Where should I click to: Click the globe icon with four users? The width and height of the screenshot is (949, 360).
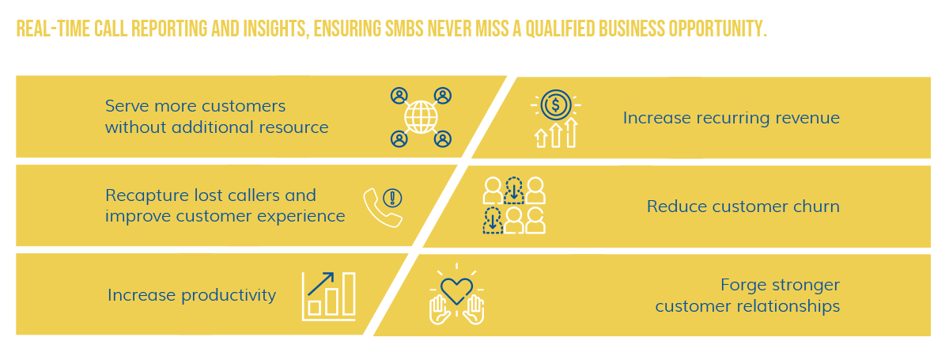421,118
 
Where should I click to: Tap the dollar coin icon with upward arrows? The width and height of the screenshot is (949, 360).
556,118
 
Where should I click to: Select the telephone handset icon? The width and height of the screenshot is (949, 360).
377,209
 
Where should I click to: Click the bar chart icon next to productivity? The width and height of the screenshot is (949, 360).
329,296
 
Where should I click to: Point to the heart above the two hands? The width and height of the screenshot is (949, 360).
456,290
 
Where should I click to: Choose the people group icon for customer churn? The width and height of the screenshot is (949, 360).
514,206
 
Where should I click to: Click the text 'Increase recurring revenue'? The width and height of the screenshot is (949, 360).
731,118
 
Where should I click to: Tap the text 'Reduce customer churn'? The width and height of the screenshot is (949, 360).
743,207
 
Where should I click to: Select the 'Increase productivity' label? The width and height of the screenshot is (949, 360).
191,295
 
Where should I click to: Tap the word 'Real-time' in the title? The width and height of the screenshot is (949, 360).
47,29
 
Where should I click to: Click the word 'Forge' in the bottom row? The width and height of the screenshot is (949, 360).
741,284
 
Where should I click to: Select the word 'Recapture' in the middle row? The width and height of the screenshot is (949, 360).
145,195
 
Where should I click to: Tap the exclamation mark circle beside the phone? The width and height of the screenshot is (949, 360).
393,197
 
